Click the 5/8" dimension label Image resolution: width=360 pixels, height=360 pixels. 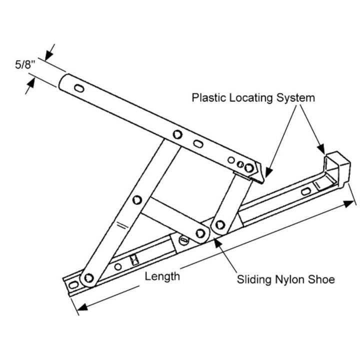coord(24,65)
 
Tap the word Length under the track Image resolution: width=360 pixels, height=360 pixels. coord(162,276)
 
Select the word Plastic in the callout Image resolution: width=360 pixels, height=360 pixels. coord(209,97)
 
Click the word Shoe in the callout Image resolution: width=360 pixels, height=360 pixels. coord(320,279)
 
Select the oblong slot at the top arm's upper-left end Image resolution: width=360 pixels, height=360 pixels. coord(79,88)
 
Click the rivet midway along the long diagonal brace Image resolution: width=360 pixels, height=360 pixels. coord(137,200)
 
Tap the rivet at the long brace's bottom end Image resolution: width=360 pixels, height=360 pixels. coord(89,277)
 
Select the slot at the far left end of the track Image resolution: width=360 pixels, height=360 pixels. coord(73,284)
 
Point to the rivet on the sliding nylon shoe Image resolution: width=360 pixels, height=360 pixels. coord(201,232)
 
